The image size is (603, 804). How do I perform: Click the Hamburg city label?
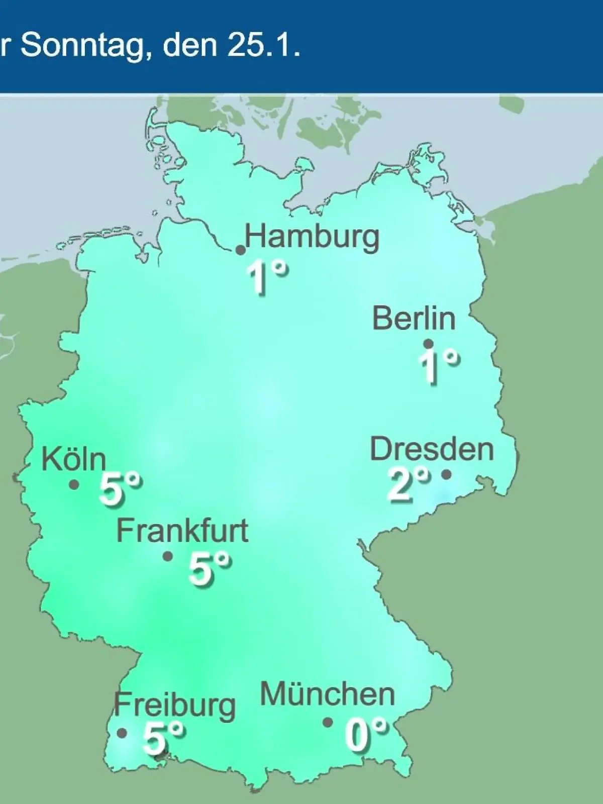[x=312, y=238]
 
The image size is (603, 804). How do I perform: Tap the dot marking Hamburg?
[x=241, y=250]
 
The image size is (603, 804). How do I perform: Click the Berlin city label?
[x=414, y=319]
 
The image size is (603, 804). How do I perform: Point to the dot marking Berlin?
[x=429, y=344]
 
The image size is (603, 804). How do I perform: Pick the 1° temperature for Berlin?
[x=439, y=366]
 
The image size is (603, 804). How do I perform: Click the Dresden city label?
[x=432, y=449]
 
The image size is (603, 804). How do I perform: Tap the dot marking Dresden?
[x=446, y=474]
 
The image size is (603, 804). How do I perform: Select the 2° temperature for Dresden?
[x=408, y=483]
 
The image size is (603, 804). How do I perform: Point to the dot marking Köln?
[x=74, y=484]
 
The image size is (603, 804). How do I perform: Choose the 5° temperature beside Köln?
[x=120, y=488]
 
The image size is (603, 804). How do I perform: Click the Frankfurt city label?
[x=182, y=531]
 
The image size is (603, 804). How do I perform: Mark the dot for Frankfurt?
[x=168, y=556]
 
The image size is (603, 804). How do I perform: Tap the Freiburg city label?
[x=174, y=705]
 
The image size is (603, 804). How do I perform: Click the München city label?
[x=327, y=694]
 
